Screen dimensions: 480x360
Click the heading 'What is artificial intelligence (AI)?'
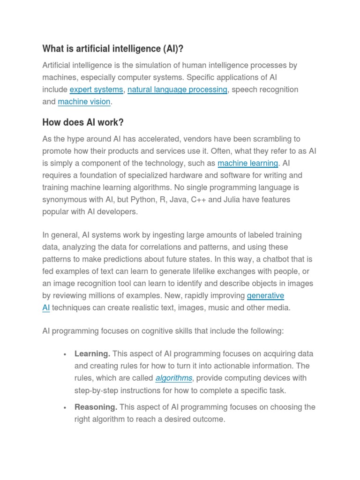pos(112,49)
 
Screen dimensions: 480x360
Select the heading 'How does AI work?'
pos(83,122)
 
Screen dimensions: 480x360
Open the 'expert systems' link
pos(96,90)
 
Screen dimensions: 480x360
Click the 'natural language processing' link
pos(177,90)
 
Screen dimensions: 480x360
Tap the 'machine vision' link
pos(84,102)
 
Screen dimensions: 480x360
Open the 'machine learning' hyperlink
pos(247,163)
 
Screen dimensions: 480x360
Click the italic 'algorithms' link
pos(173,378)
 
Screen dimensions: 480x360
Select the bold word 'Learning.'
pos(92,353)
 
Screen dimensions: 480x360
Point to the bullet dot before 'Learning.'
pos(64,354)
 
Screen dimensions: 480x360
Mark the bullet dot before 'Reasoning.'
pos(64,407)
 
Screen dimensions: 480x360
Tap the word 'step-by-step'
pos(96,390)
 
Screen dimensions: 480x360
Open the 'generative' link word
pos(265,295)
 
